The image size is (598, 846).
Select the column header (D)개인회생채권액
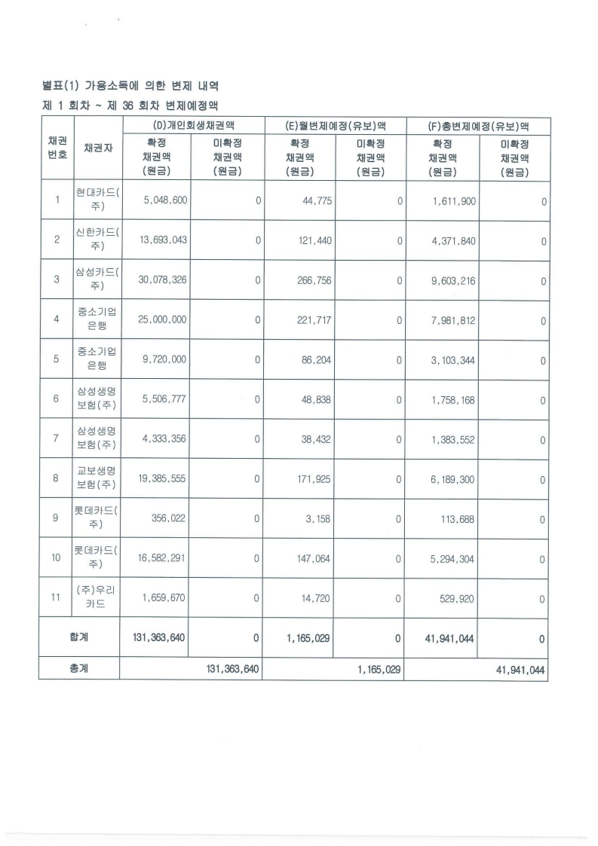pos(192,126)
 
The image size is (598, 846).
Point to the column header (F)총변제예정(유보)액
pos(477,126)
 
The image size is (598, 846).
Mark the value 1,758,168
pos(453,399)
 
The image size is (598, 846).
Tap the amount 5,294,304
pos(453,559)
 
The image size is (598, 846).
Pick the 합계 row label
pos(78,637)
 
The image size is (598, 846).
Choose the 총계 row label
pos(78,668)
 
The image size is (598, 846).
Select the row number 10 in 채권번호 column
pos(57,559)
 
